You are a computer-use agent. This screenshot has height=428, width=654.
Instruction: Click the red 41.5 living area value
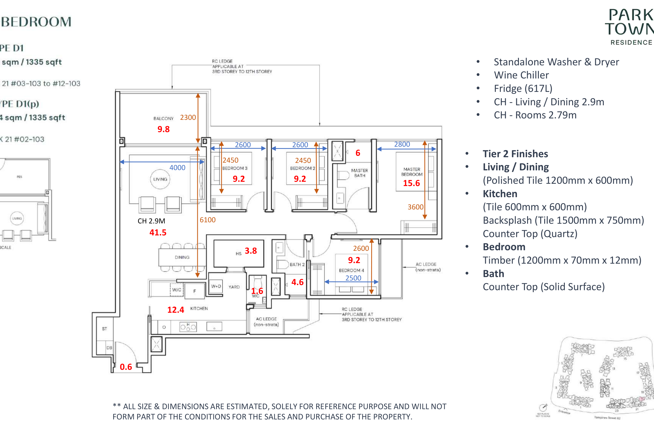(158, 233)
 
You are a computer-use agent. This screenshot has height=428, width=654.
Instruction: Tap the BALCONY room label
(163, 118)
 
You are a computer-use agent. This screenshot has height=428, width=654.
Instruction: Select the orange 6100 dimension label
(207, 220)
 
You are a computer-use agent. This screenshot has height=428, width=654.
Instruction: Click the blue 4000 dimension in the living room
(177, 168)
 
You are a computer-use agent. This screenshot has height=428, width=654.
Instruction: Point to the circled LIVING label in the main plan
(160, 179)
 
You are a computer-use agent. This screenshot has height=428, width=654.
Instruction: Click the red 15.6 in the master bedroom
(411, 183)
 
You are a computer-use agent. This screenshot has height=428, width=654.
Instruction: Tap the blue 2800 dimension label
(402, 144)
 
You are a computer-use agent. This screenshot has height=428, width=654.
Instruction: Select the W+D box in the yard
(216, 286)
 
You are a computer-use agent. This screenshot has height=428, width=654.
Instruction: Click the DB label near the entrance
(109, 348)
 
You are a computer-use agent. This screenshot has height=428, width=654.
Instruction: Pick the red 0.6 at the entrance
(126, 367)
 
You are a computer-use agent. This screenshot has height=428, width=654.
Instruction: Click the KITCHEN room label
(199, 308)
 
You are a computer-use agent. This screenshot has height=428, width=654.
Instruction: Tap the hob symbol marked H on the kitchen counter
(188, 327)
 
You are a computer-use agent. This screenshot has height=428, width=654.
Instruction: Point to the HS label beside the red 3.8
(238, 253)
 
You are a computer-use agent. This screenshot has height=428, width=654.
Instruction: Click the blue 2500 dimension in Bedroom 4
(353, 278)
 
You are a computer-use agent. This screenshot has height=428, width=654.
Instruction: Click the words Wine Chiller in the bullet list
(521, 75)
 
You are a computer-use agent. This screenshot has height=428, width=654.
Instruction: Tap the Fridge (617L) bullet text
(523, 88)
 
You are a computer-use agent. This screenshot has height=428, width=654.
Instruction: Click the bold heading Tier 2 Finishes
(515, 154)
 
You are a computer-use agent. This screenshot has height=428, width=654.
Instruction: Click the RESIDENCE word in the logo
(631, 43)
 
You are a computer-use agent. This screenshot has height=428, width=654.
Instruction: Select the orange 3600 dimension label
(415, 207)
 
